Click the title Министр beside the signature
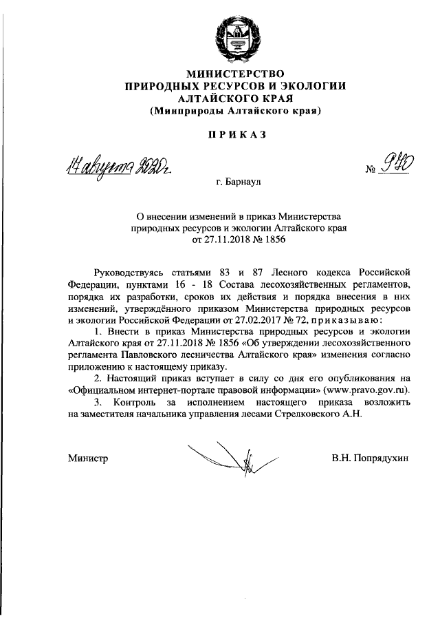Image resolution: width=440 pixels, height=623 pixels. pos(89,458)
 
